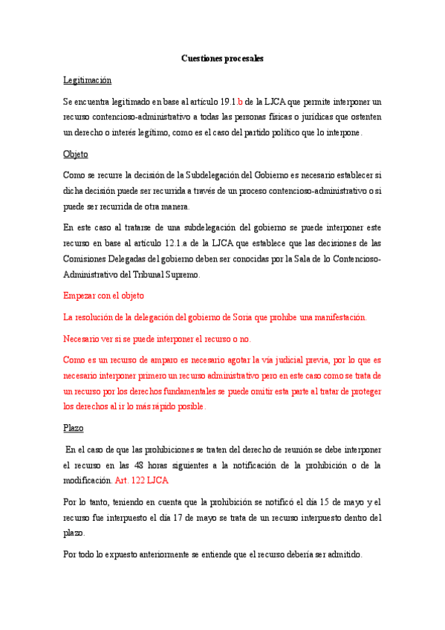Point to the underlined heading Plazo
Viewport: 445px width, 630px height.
(x=74, y=428)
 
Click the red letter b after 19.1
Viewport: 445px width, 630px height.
(x=240, y=101)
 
